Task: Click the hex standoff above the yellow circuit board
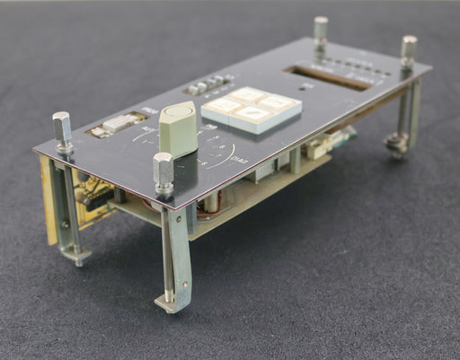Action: pos(62,130)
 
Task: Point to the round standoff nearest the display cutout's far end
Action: pos(321,32)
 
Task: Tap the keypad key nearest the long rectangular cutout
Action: pos(279,103)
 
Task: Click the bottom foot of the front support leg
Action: pos(172,303)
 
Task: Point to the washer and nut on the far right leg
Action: pos(394,140)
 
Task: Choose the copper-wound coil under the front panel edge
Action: pos(210,205)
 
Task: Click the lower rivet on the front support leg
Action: pos(169,291)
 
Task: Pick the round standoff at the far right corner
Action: pos(409,50)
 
